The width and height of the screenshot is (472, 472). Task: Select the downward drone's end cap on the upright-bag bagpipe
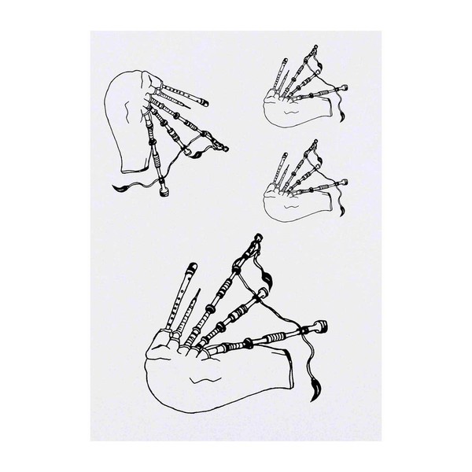pyautogui.click(x=166, y=192)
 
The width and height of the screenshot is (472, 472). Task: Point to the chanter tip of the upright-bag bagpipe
pyautogui.click(x=204, y=103)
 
